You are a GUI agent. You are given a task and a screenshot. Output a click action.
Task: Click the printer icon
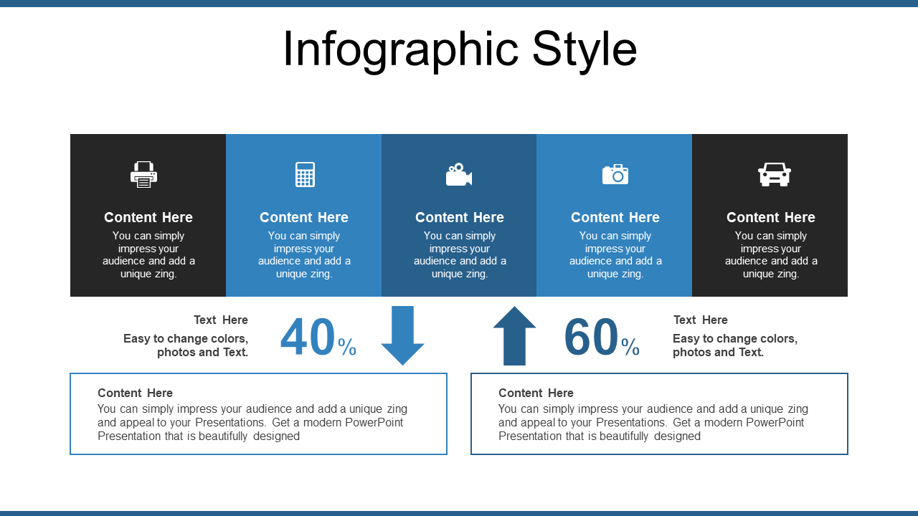(143, 174)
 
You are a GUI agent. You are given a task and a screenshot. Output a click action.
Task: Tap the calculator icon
(305, 174)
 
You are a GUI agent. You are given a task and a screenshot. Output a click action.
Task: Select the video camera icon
(459, 175)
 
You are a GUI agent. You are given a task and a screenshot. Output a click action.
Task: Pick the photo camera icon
(615, 174)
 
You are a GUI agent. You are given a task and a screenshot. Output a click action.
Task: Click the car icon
(774, 174)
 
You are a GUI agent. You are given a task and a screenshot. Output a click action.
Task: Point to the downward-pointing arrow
(402, 335)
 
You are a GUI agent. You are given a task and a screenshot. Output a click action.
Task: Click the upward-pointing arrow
(514, 335)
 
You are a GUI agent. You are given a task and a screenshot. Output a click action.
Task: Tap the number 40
(308, 337)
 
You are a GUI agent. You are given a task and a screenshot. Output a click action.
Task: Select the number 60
(591, 337)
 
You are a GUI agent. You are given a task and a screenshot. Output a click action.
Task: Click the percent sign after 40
(347, 347)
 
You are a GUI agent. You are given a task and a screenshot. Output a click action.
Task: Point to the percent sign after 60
(630, 347)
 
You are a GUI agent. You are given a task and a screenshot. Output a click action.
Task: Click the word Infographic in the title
(401, 50)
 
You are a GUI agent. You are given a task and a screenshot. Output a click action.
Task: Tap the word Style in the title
(585, 50)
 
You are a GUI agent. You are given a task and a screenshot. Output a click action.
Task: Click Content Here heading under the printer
(148, 217)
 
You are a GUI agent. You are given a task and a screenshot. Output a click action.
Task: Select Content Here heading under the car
(771, 217)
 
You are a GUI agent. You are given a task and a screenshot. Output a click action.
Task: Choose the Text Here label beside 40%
(221, 320)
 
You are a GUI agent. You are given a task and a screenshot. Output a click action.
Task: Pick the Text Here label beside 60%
(701, 320)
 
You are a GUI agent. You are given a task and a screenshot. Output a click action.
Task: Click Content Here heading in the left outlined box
(136, 393)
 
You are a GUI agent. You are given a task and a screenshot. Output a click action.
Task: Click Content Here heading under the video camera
(460, 217)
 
